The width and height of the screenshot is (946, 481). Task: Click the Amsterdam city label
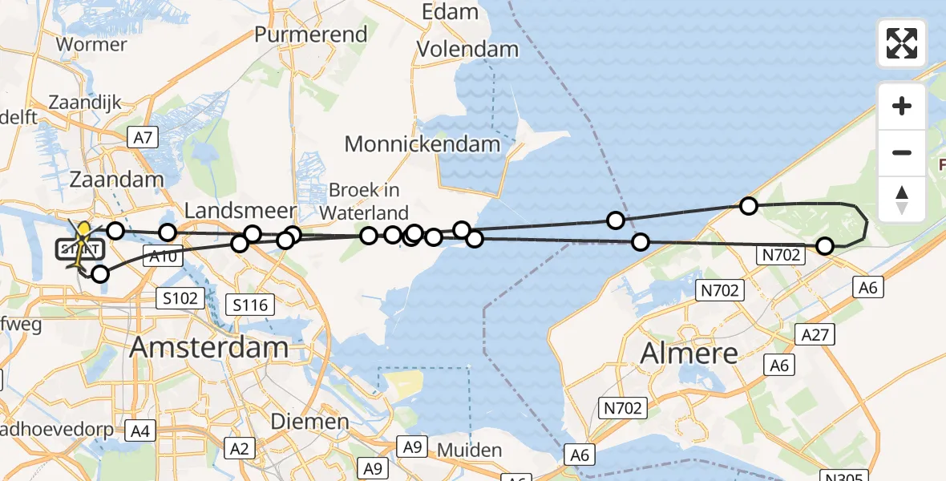208,347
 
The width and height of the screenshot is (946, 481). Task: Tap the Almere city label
689,352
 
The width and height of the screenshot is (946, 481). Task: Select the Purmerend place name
311,34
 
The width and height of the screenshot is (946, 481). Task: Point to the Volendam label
467,50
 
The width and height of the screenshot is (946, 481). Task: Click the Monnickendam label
422,144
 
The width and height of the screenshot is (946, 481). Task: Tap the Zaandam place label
118,179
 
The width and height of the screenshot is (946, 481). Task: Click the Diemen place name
309,422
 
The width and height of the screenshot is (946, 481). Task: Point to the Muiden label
469,450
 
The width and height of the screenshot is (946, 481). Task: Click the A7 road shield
143,138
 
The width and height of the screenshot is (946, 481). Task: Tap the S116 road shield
251,304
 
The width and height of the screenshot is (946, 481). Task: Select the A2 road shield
241,447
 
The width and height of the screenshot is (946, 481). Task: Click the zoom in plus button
902,106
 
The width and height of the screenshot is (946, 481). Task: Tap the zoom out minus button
902,152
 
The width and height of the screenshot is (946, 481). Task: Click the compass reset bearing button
902,199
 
